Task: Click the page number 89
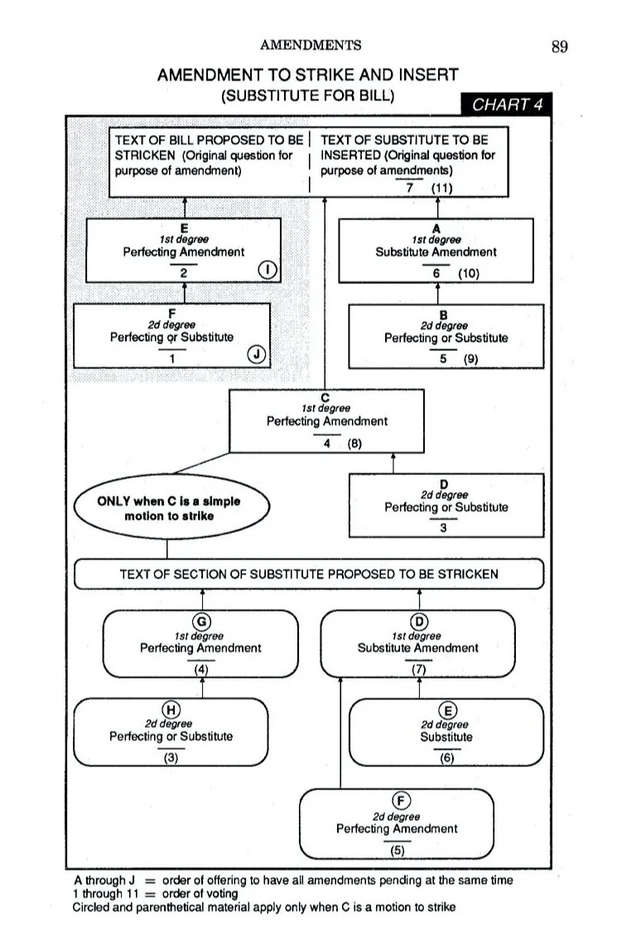click(559, 46)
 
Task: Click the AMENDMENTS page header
click(311, 46)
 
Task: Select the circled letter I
click(268, 269)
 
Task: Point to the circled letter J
click(258, 355)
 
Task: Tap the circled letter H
click(171, 709)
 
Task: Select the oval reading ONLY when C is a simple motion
click(171, 508)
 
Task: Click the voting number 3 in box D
click(444, 527)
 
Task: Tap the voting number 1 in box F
click(171, 359)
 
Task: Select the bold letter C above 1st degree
click(326, 399)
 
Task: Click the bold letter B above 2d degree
click(443, 315)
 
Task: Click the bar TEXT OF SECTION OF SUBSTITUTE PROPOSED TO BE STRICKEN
click(309, 573)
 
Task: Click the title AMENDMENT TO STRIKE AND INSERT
click(308, 75)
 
